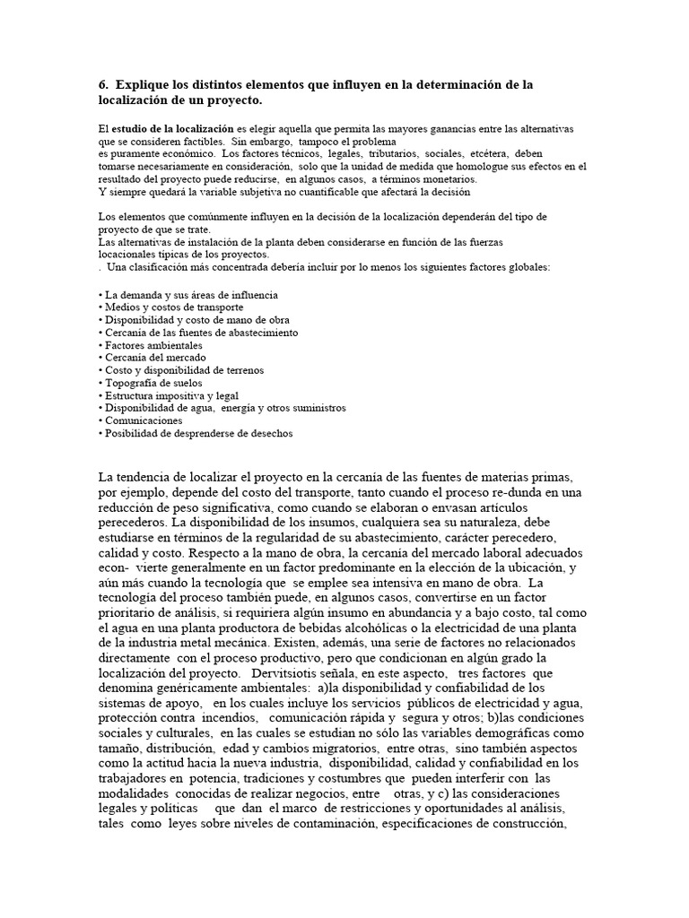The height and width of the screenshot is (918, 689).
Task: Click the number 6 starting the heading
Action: (101, 84)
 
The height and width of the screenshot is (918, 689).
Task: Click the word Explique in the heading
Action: (145, 84)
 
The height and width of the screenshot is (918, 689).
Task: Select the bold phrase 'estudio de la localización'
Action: (171, 130)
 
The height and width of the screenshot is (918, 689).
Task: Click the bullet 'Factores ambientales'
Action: (153, 345)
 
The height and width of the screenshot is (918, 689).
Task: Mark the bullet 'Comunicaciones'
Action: (144, 420)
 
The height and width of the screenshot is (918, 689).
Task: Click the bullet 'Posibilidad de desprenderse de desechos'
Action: (198, 433)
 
